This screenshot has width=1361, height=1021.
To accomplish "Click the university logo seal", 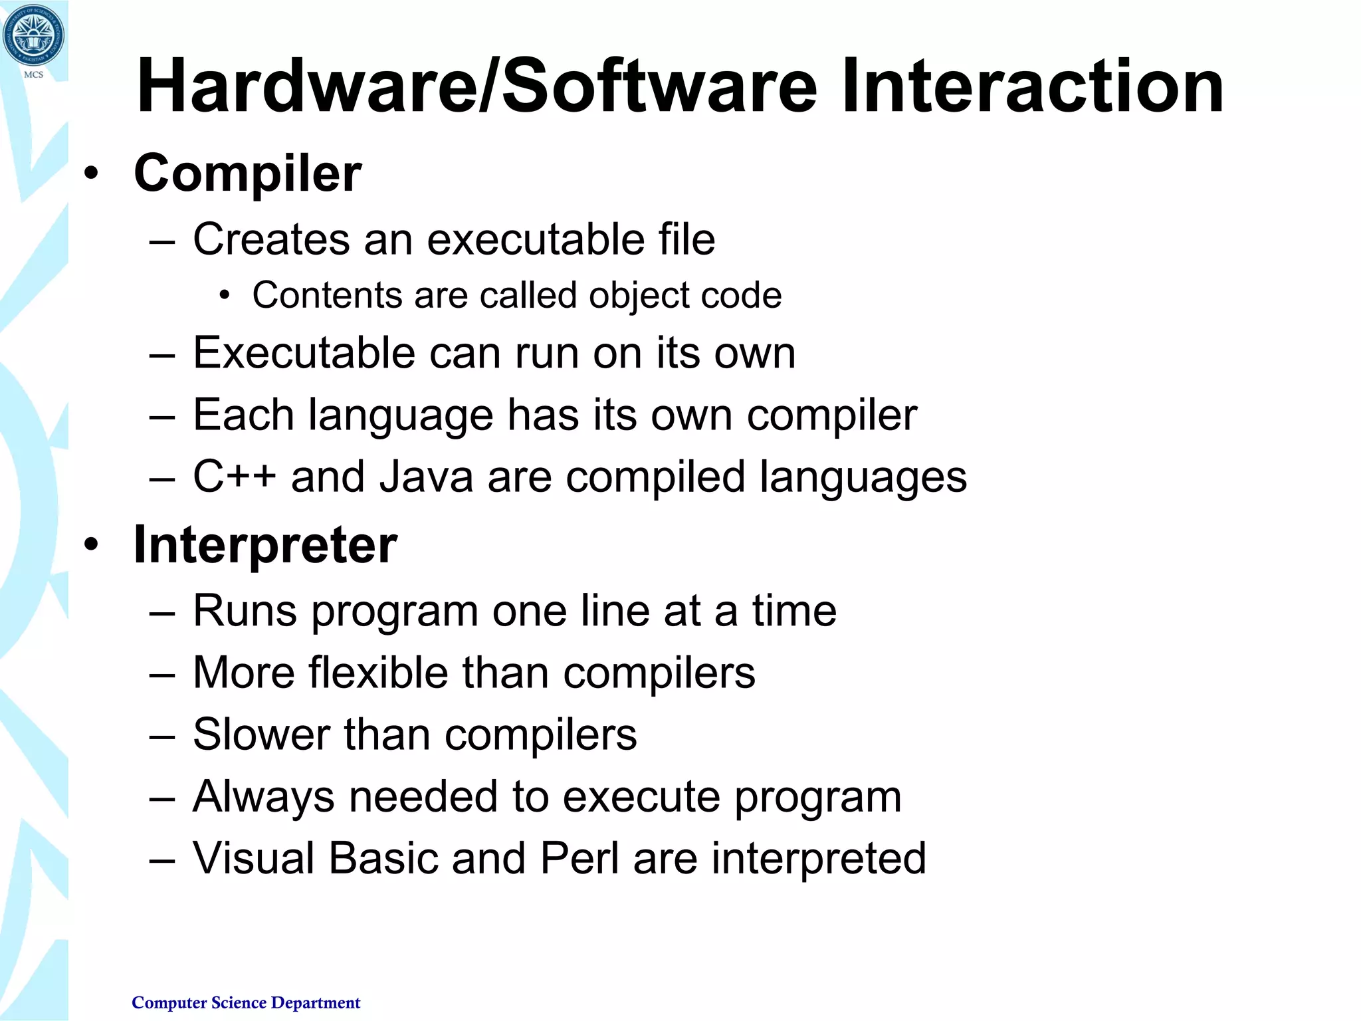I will point(33,37).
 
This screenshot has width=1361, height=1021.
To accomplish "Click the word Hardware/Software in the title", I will point(476,87).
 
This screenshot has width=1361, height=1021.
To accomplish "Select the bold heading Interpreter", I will point(265,546).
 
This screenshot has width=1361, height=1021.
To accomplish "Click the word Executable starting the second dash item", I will point(304,353).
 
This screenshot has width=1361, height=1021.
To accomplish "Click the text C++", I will point(234,477).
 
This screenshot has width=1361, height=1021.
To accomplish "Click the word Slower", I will point(261,735).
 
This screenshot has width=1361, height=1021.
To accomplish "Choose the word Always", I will point(263,797).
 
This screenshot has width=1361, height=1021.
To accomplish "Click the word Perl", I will point(579,858).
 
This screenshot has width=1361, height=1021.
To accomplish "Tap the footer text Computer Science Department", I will point(246,1002).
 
